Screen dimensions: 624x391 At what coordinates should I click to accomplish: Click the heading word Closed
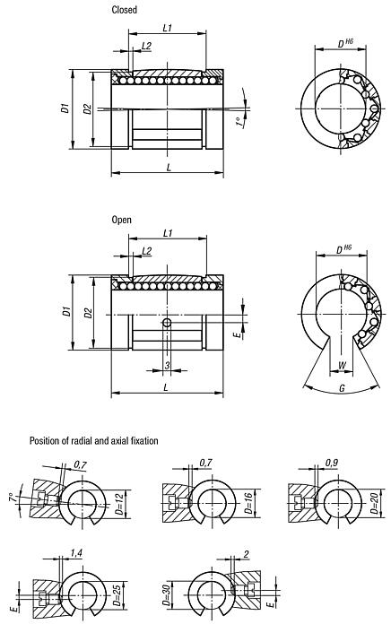click(x=124, y=10)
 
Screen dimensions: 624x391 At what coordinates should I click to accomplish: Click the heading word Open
click(x=121, y=219)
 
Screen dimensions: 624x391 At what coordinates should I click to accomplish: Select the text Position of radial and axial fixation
click(x=93, y=441)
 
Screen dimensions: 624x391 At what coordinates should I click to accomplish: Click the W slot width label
click(x=344, y=365)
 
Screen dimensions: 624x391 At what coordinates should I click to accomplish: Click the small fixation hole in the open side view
click(x=167, y=323)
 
